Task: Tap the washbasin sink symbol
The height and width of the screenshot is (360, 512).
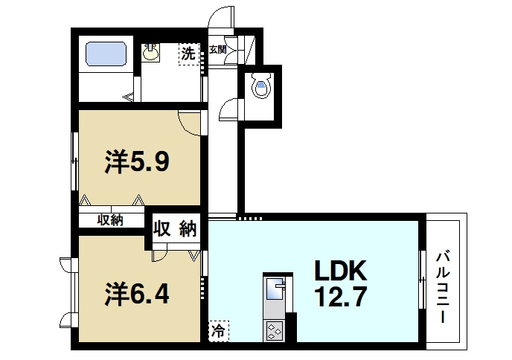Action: coord(152,52)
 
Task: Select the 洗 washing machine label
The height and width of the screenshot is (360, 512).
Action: coord(189,54)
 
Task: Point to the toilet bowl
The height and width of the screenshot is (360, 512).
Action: coord(260,88)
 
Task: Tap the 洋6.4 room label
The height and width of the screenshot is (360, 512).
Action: coord(136,294)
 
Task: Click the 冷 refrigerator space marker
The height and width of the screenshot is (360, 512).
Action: coord(219,329)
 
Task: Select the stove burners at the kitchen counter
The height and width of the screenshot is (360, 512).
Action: coord(273,330)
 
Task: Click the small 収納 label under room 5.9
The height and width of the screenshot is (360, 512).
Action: coord(110,219)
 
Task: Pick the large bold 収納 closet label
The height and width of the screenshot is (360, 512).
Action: coord(176,228)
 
